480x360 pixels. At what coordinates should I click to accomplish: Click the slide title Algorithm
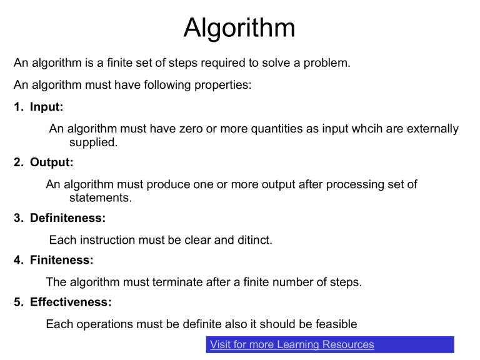tap(239, 28)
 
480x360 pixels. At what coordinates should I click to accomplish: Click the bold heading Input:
tap(46, 107)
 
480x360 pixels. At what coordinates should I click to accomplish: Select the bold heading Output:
tap(52, 162)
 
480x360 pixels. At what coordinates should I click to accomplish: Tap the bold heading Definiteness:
tap(67, 218)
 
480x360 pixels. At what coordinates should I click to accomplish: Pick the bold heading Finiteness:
tap(61, 260)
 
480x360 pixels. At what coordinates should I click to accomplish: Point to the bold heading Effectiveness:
tap(71, 302)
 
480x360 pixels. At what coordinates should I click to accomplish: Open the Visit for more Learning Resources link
tap(292, 345)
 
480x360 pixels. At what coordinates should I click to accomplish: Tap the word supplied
tap(93, 142)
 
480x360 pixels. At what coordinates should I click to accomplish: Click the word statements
tap(101, 197)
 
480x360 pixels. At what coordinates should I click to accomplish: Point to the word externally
tap(432, 129)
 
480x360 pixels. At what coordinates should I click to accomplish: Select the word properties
tap(223, 85)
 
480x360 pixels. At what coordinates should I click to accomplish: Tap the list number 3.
tap(18, 218)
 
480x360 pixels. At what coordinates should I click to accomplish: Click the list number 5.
tap(18, 302)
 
